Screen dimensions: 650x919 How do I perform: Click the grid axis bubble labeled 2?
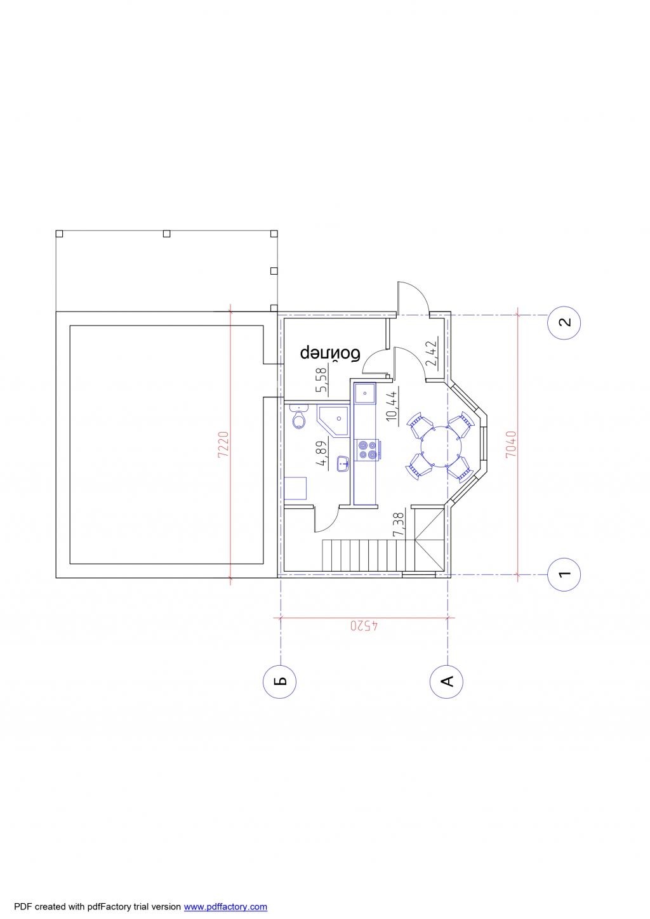click(564, 322)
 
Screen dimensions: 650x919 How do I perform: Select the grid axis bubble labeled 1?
click(564, 574)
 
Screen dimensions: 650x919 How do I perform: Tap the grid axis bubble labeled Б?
click(279, 681)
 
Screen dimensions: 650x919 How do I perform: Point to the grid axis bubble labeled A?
click(446, 681)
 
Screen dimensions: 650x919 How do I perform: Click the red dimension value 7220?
click(223, 445)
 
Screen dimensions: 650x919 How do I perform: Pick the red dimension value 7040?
click(510, 444)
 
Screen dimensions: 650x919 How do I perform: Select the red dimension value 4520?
click(364, 626)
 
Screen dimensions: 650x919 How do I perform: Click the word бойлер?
click(330, 354)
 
